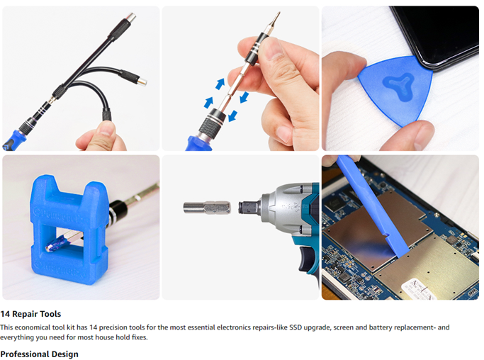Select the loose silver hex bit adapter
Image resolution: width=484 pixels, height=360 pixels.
coord(207,207)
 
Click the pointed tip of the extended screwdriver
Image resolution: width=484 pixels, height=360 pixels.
coord(278,13)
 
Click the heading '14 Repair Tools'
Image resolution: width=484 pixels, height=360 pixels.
coord(30,314)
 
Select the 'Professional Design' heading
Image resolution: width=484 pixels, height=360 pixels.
coord(39,354)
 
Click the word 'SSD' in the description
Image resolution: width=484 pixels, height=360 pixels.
coord(296,327)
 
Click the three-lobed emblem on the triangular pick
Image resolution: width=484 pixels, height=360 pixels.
coord(398,86)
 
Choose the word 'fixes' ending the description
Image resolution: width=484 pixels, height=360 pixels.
coord(140,337)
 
